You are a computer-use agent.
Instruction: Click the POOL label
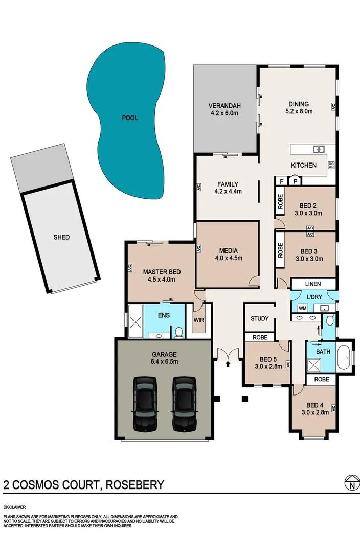pyautogui.click(x=130, y=118)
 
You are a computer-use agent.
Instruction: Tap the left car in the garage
pyautogui.click(x=145, y=403)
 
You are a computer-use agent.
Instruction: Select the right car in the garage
pyautogui.click(x=184, y=403)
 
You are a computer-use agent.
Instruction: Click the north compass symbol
pyautogui.click(x=350, y=483)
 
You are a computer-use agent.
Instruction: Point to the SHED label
pyautogui.click(x=61, y=237)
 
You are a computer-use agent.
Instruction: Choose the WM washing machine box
pyautogui.click(x=302, y=308)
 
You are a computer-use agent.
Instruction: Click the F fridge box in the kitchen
pyautogui.click(x=281, y=181)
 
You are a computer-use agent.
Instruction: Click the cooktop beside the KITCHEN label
pyautogui.click(x=331, y=165)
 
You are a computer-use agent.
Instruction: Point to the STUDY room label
pyautogui.click(x=260, y=319)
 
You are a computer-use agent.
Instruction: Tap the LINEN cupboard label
pyautogui.click(x=313, y=284)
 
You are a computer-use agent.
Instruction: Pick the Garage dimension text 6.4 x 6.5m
pyautogui.click(x=164, y=362)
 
